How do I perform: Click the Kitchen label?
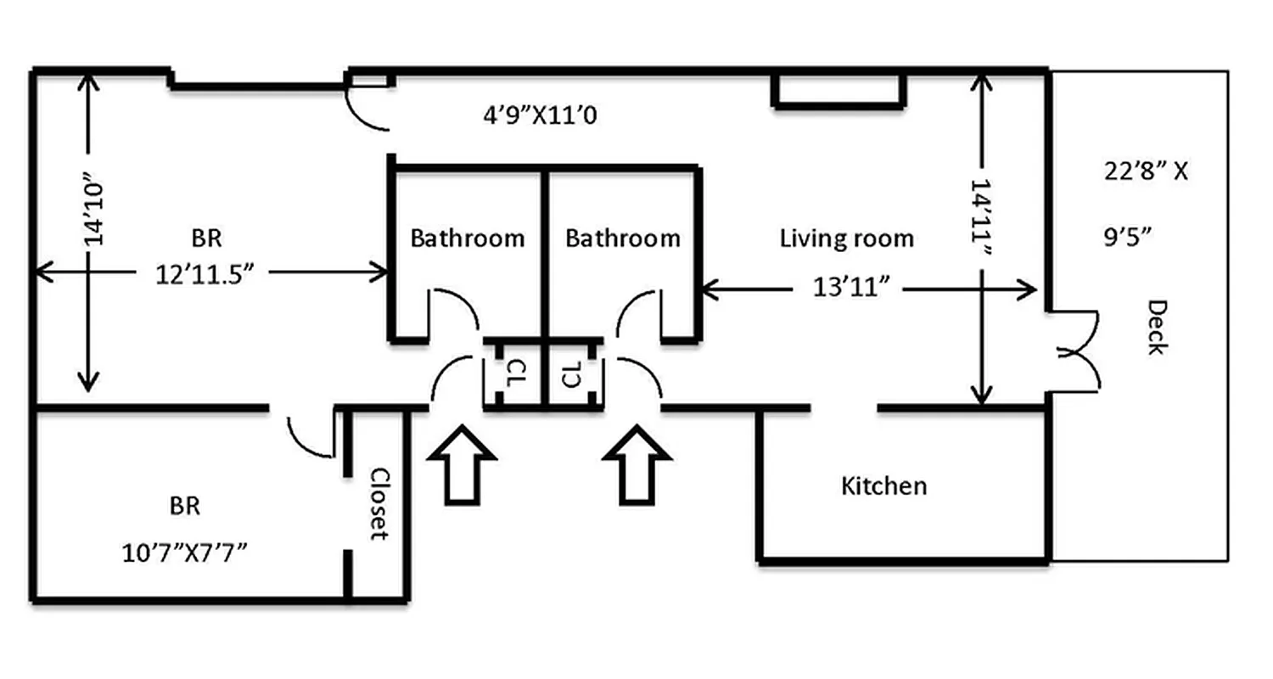tap(883, 486)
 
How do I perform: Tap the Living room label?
tap(846, 238)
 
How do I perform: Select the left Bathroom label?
tap(467, 238)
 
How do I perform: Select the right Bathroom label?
tap(622, 238)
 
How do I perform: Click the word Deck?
tap(1156, 327)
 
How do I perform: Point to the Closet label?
tap(379, 504)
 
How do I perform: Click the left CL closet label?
tap(513, 374)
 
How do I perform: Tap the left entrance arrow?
tap(461, 466)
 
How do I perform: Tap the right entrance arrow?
tap(636, 466)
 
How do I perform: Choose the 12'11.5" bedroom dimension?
tap(205, 274)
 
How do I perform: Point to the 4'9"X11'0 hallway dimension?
tap(541, 114)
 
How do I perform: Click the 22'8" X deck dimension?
tap(1146, 171)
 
